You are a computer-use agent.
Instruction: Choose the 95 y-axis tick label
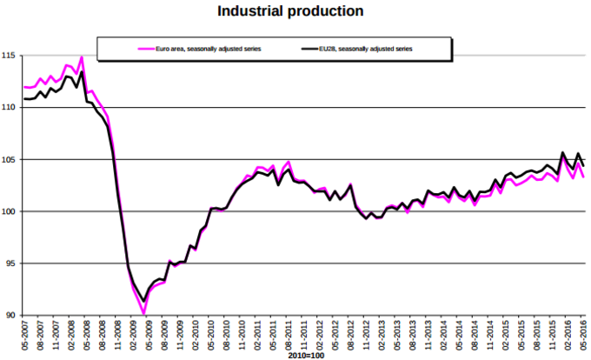(10, 263)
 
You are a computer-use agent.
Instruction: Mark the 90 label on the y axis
(10, 315)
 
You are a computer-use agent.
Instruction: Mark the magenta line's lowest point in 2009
(143, 313)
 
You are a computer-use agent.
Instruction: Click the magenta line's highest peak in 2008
(82, 57)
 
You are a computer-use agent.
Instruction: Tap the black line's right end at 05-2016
(583, 165)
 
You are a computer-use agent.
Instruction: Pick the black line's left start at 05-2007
(25, 99)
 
